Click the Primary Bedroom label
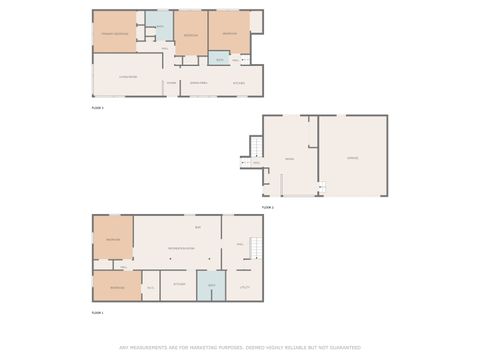pyautogui.click(x=113, y=35)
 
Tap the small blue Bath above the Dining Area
pyautogui.click(x=217, y=58)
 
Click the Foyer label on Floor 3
pyautogui.click(x=171, y=82)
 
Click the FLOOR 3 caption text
pyautogui.click(x=98, y=106)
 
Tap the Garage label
pyautogui.click(x=352, y=158)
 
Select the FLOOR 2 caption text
pyautogui.click(x=267, y=207)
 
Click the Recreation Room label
pyautogui.click(x=181, y=247)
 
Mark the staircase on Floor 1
pyautogui.click(x=254, y=246)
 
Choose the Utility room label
pyautogui.click(x=244, y=287)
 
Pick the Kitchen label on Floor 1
pyautogui.click(x=179, y=284)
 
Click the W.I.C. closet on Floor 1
pyautogui.click(x=150, y=288)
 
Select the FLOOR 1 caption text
pyautogui.click(x=98, y=313)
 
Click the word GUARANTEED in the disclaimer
pyautogui.click(x=341, y=348)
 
